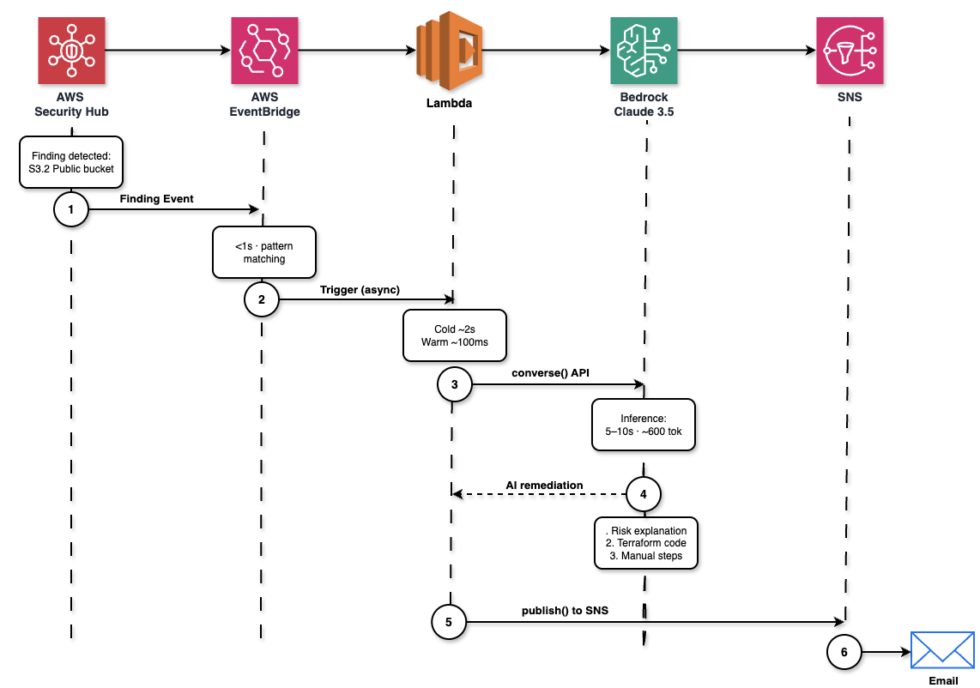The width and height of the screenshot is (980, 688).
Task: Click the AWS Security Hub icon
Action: [x=71, y=51]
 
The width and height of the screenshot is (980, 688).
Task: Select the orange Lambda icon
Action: [x=451, y=51]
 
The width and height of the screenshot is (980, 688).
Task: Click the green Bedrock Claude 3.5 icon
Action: [x=644, y=51]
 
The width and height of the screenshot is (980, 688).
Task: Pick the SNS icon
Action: [x=849, y=51]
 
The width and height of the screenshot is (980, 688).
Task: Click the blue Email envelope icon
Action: [x=942, y=650]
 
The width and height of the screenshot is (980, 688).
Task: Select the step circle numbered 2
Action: [x=262, y=299]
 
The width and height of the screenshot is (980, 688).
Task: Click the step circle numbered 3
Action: [x=454, y=385]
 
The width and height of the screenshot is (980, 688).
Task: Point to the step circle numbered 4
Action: [x=644, y=494]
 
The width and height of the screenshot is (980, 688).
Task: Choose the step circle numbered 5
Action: [x=449, y=622]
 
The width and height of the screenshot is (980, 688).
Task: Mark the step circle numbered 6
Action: [x=844, y=652]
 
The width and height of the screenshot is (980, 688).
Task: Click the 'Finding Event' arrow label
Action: [x=156, y=198]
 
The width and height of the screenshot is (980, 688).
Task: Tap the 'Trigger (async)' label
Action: [x=360, y=289]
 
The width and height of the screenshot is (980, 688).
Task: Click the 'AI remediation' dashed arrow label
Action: [x=544, y=485]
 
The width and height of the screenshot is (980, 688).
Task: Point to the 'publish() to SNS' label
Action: [x=565, y=611]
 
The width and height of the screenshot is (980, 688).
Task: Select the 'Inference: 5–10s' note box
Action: [x=644, y=425]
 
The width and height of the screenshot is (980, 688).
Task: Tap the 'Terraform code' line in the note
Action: [x=646, y=543]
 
